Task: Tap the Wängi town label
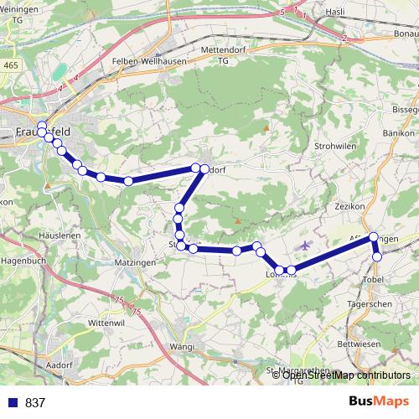(x=181, y=346)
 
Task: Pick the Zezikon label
(x=346, y=205)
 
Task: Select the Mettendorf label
(x=224, y=49)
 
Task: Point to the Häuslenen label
(x=34, y=237)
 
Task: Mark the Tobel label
(x=373, y=277)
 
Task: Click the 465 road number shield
(x=9, y=65)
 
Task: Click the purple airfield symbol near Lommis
(x=304, y=245)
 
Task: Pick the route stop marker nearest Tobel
(x=378, y=256)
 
